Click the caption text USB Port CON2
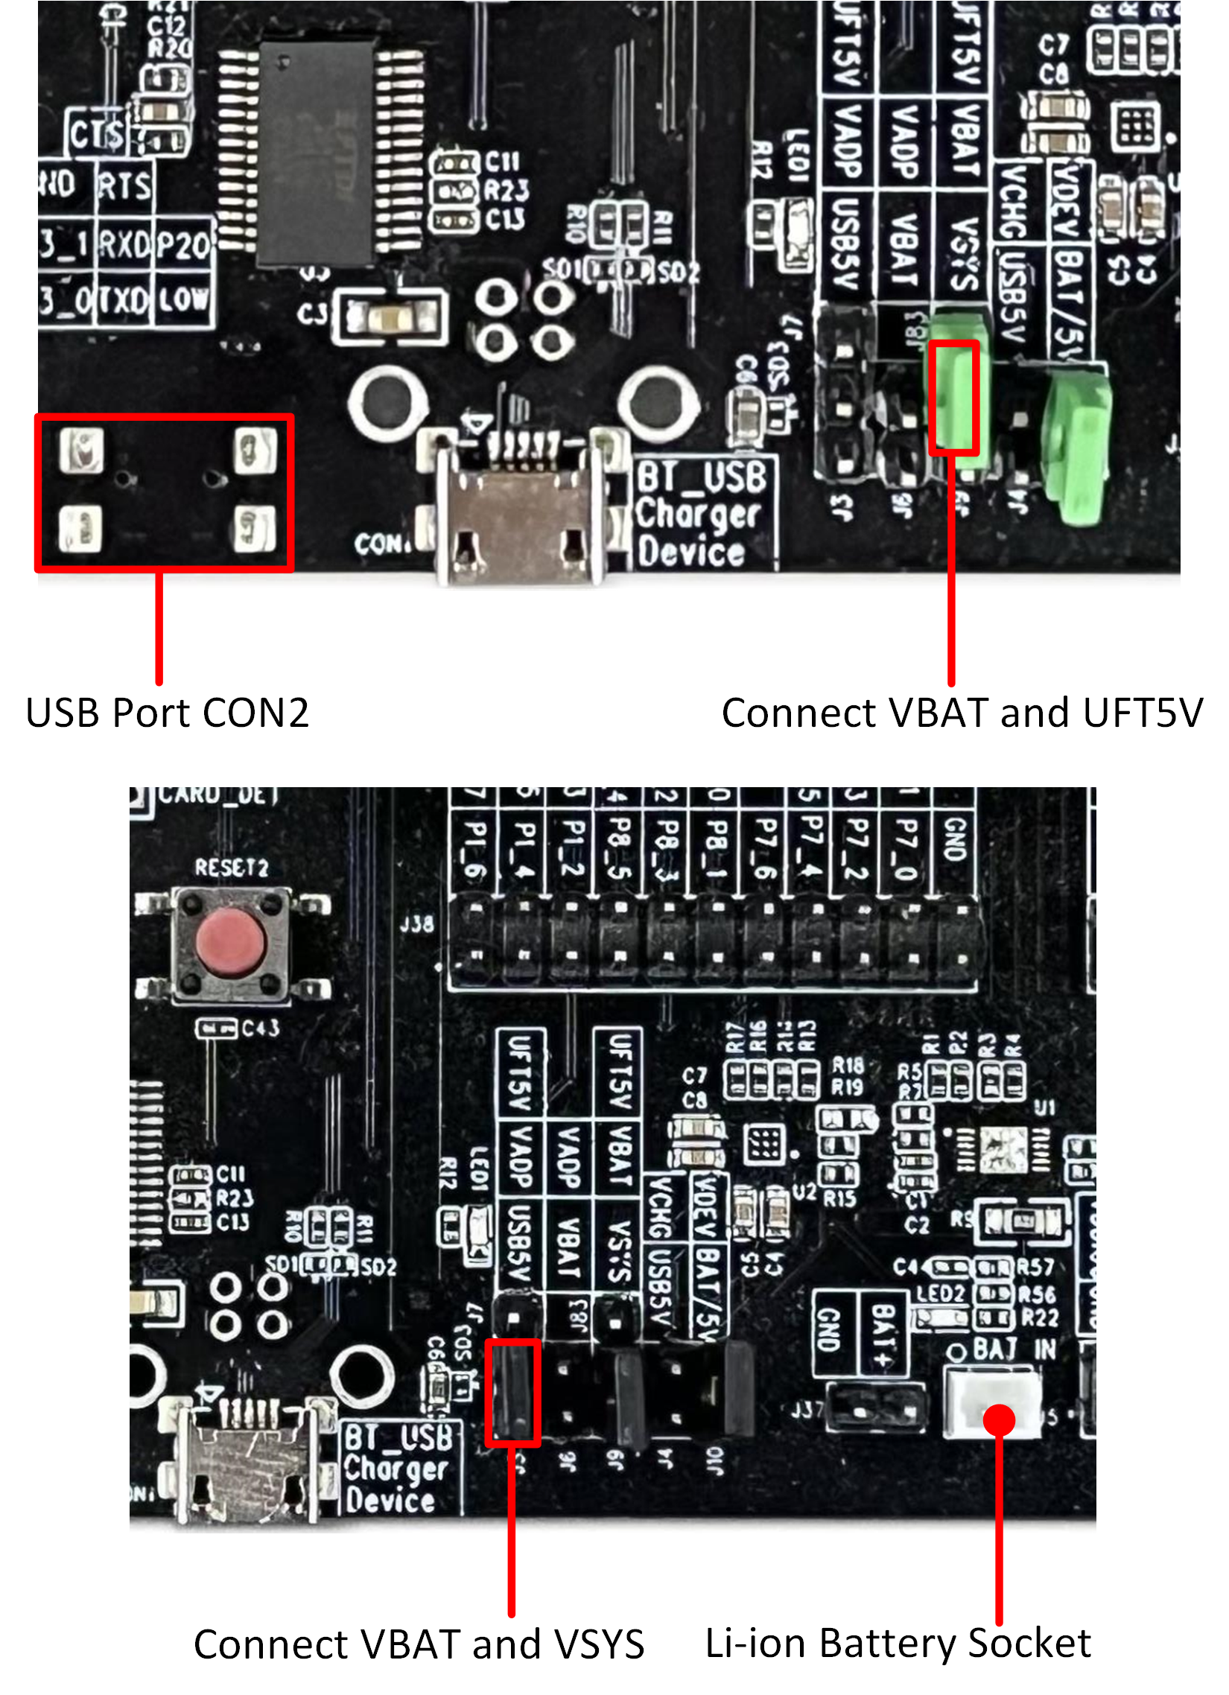(x=167, y=712)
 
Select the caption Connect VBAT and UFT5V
(x=962, y=712)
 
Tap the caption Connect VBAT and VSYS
(x=419, y=1644)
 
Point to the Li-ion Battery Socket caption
(x=898, y=1643)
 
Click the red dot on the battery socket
(x=999, y=1419)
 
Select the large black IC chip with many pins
(x=316, y=153)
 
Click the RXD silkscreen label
(x=125, y=244)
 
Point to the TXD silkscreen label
(x=125, y=300)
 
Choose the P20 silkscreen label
(x=183, y=244)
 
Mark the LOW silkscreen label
(x=183, y=300)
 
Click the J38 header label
(x=416, y=924)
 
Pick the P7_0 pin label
(x=905, y=850)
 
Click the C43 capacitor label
(x=260, y=1028)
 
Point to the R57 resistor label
(x=1036, y=1267)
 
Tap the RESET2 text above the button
(x=231, y=868)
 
